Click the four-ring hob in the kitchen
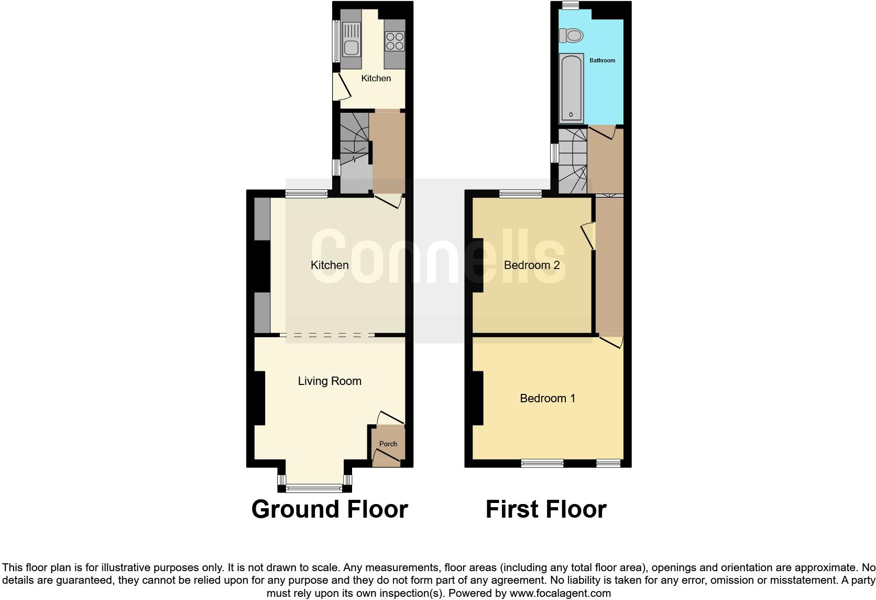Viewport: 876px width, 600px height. (x=395, y=41)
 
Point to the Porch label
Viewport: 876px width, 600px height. (x=388, y=444)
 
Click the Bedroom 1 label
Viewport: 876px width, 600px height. (x=547, y=398)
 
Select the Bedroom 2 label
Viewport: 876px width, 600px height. (x=532, y=265)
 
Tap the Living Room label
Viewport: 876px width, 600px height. (x=330, y=381)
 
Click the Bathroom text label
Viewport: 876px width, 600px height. (x=603, y=60)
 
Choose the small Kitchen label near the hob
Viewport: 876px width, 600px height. (x=376, y=78)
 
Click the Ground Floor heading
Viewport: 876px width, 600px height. (x=330, y=509)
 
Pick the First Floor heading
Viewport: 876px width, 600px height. (x=546, y=509)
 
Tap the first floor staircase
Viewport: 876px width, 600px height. (x=573, y=160)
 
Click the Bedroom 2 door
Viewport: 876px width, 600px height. (x=589, y=236)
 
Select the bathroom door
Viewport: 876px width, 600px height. (x=601, y=132)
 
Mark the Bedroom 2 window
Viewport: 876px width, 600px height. (x=521, y=194)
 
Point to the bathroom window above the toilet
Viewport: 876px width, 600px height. (x=571, y=5)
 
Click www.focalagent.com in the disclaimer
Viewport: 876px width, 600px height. (x=560, y=593)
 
